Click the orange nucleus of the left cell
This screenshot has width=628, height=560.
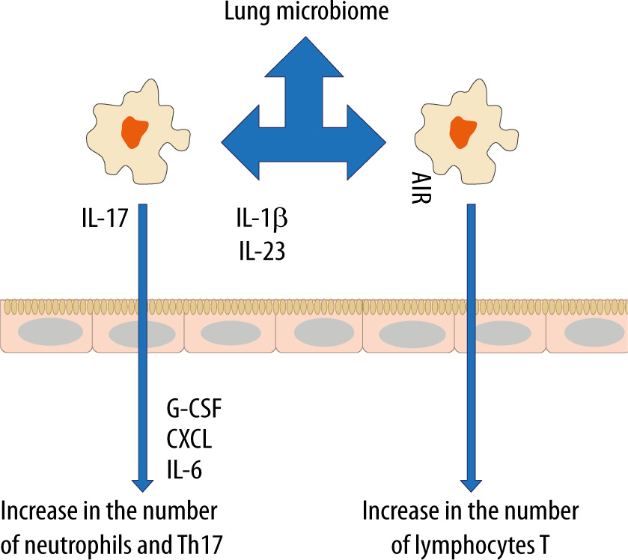coord(135,133)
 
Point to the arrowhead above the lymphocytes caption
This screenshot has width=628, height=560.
coord(471,483)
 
